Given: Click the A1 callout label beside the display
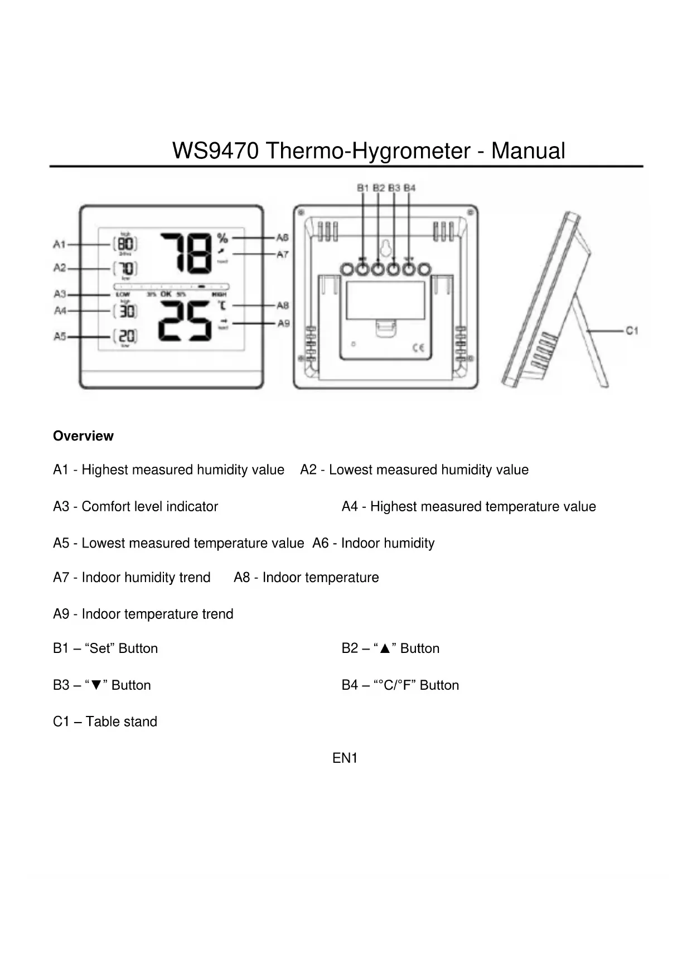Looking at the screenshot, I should click(x=60, y=244).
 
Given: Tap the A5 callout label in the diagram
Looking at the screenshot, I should click(x=60, y=336).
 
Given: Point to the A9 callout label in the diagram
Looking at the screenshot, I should click(x=283, y=323).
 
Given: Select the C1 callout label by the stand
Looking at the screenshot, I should click(x=631, y=331).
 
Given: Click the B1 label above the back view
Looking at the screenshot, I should click(x=363, y=188).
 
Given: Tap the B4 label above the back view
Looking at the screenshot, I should click(x=410, y=188).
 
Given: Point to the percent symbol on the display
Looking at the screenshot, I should click(x=222, y=238).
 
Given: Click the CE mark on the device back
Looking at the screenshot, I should click(x=418, y=348).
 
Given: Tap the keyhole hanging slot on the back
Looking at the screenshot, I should click(x=385, y=247).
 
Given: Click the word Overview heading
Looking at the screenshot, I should click(x=83, y=436).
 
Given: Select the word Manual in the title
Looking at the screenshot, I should click(x=528, y=151).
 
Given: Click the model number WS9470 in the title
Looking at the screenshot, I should click(x=215, y=151).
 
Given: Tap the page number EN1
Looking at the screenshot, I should click(x=345, y=758).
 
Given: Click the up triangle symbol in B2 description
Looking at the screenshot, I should click(x=384, y=649).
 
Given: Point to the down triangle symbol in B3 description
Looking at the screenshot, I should click(x=95, y=686).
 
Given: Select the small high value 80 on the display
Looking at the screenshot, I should click(x=126, y=244).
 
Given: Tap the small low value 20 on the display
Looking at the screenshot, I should click(x=126, y=336).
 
